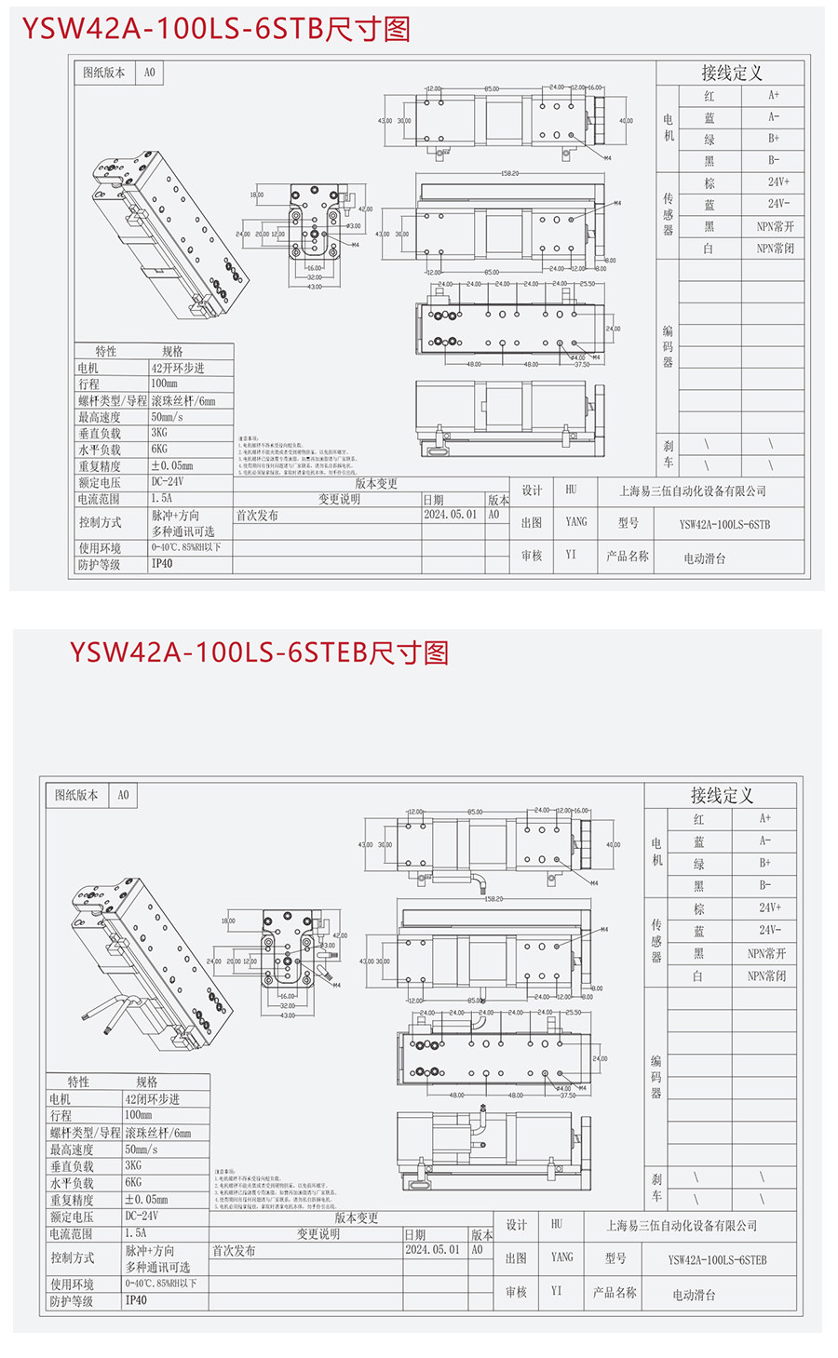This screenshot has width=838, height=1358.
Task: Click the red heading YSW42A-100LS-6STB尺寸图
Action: pyautogui.click(x=216, y=29)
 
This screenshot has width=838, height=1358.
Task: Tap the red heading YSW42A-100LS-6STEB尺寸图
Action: pyautogui.click(x=259, y=652)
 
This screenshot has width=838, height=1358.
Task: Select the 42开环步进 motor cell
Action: pyautogui.click(x=178, y=368)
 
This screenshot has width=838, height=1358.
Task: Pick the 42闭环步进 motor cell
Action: pyautogui.click(x=153, y=1099)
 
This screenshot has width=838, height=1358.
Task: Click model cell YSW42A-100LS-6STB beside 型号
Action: pyautogui.click(x=724, y=524)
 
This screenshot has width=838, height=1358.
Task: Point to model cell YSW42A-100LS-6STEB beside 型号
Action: pyautogui.click(x=717, y=1259)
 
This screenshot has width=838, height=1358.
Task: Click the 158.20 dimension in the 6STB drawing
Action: pyautogui.click(x=509, y=173)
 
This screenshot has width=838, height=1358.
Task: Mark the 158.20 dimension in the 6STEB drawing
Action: pyautogui.click(x=493, y=899)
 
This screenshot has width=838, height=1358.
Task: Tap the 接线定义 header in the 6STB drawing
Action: pyautogui.click(x=732, y=73)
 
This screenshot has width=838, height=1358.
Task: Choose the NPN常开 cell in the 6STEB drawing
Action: pyautogui.click(x=766, y=953)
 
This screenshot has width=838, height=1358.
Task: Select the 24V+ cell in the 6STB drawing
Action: pyautogui.click(x=778, y=182)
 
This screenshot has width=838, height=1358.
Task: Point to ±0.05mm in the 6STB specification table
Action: pyautogui.click(x=172, y=465)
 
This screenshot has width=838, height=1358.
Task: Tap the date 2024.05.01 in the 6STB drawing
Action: pyautogui.click(x=450, y=514)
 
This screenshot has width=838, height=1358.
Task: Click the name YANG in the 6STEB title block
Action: pyautogui.click(x=562, y=1257)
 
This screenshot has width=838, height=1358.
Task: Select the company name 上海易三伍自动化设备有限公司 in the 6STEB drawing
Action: pyautogui.click(x=682, y=1226)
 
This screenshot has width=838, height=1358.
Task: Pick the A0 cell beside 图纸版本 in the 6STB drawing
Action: pyautogui.click(x=150, y=72)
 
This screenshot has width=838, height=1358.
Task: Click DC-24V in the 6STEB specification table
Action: pyautogui.click(x=142, y=1216)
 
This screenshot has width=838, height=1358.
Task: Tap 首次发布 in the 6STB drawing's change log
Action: pyautogui.click(x=257, y=515)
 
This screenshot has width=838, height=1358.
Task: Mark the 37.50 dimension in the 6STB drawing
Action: pyautogui.click(x=582, y=364)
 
